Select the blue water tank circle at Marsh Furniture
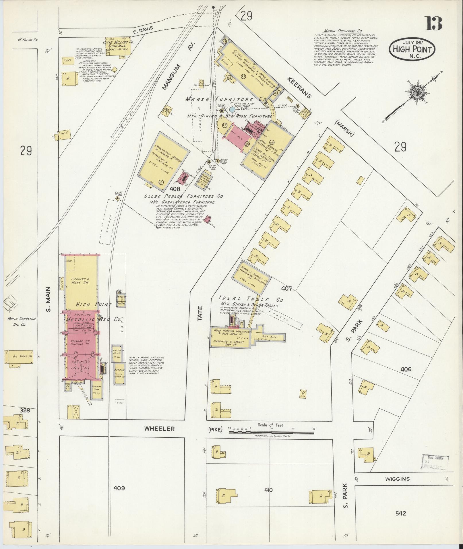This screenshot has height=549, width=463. click(232, 110)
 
